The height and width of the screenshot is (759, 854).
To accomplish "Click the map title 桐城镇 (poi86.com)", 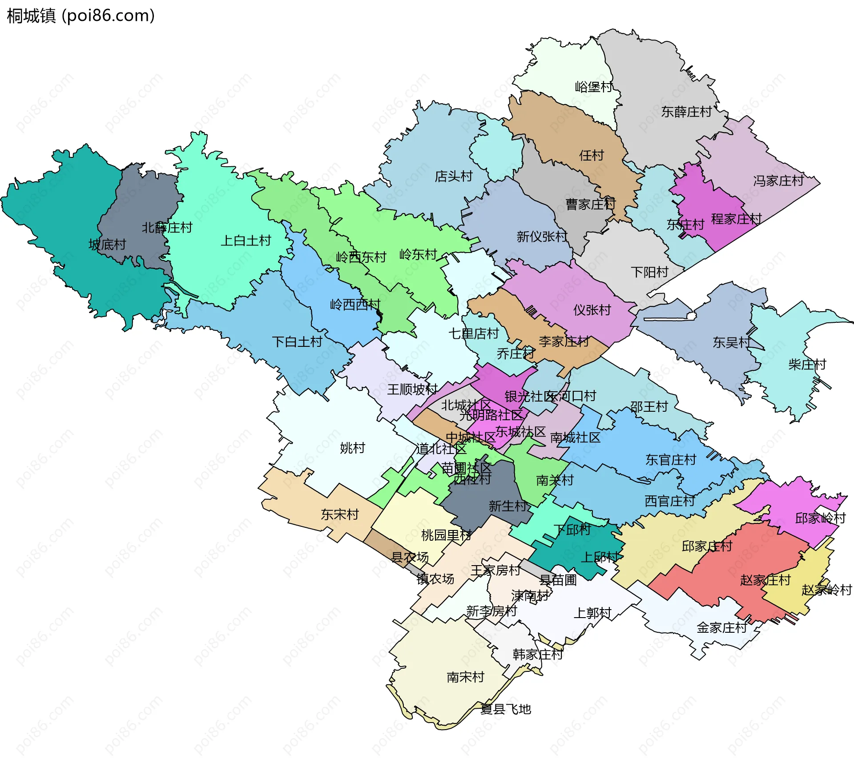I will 81,16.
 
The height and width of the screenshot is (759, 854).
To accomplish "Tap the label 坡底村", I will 107,245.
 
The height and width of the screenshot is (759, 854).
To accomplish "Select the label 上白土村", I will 246,241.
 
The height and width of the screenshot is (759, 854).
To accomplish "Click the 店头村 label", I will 454,177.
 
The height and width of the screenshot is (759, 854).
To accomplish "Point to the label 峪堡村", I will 593,87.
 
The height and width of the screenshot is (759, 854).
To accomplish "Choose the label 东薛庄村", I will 686,112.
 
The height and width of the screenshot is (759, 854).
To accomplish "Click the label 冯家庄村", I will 778,181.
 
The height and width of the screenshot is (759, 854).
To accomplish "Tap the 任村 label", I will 591,156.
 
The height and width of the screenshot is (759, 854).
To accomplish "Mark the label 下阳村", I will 649,272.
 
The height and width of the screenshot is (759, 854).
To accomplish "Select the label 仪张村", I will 592,310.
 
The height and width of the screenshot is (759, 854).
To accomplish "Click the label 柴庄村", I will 807,365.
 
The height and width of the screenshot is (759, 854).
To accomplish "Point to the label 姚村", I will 352,448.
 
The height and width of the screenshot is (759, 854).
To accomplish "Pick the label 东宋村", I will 340,514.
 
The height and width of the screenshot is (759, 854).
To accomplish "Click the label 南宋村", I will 465,677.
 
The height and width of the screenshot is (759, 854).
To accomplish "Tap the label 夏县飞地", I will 506,709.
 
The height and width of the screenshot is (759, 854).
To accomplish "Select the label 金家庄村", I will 721,628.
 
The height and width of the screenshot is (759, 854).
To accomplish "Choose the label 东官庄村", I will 671,460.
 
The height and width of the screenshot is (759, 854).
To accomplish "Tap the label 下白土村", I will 297,342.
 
